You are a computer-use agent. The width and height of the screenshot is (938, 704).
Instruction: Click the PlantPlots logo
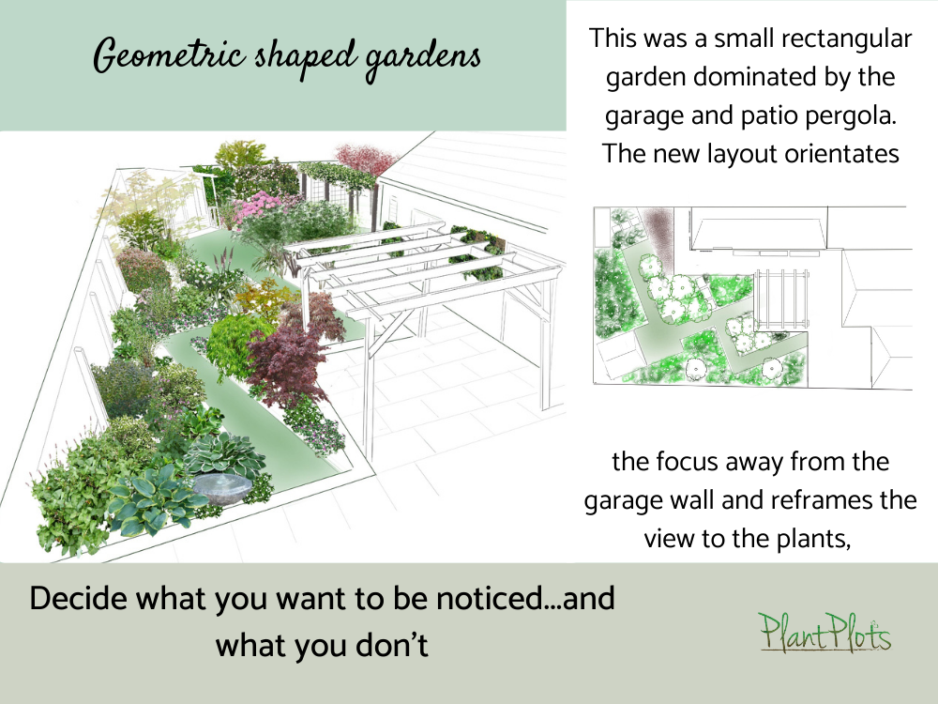[825, 633]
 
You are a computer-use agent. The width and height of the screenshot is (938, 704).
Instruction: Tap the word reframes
[783, 500]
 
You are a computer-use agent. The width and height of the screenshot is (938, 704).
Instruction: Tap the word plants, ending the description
[810, 538]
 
